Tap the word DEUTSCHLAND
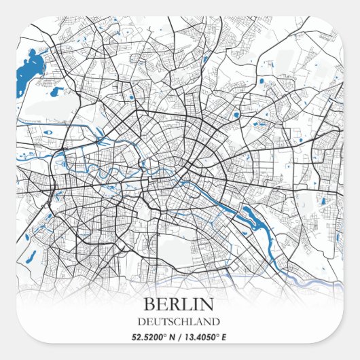pyautogui.click(x=179, y=321)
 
